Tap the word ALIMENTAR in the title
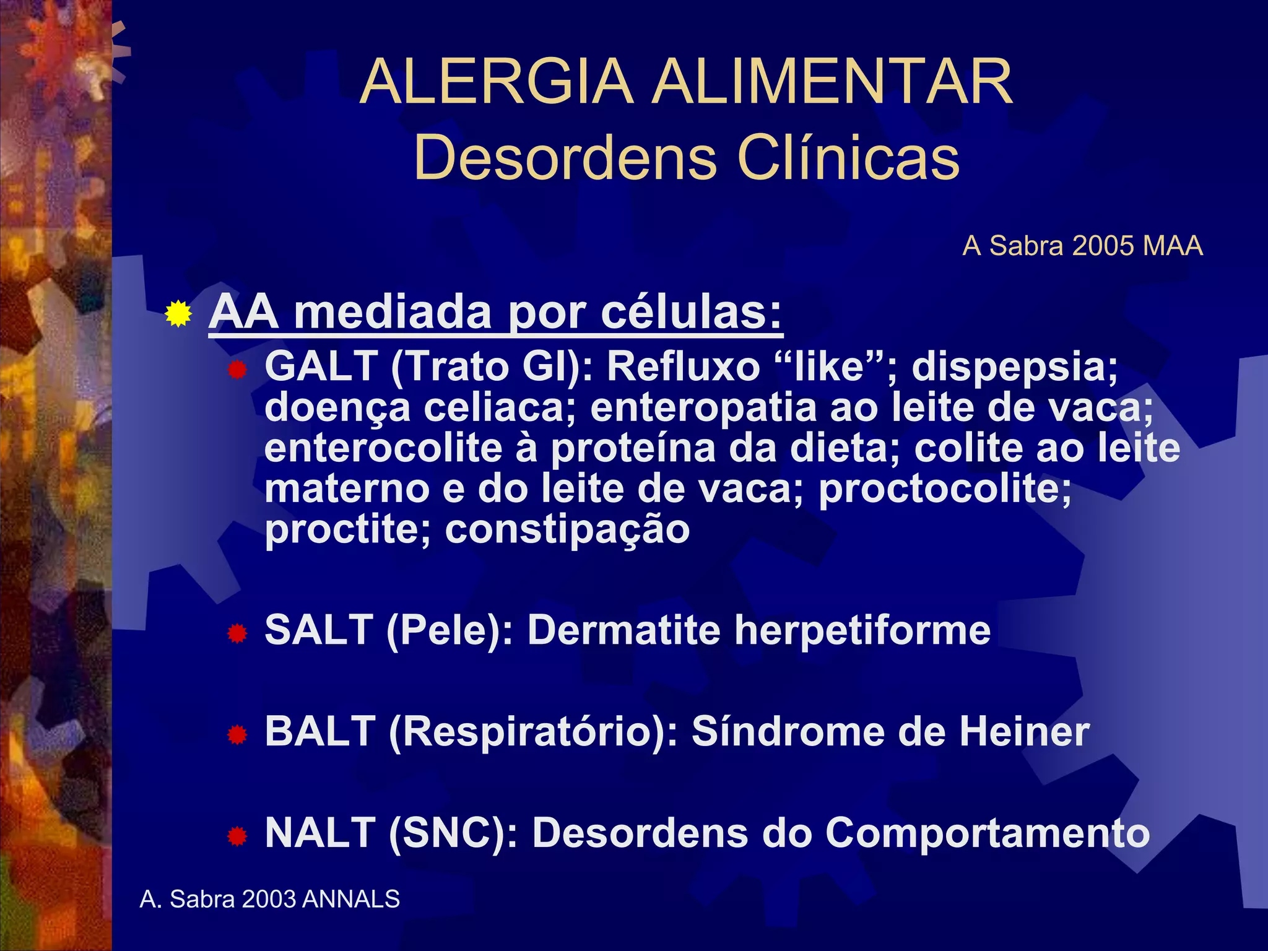click(x=833, y=82)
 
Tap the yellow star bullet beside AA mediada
click(x=178, y=314)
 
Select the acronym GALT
click(x=321, y=366)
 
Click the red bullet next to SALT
click(x=237, y=633)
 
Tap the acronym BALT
click(x=319, y=731)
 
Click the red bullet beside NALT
click(x=237, y=836)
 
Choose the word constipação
click(x=567, y=530)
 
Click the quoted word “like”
click(x=830, y=366)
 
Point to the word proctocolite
click(x=945, y=489)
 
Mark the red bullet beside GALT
click(x=237, y=370)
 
